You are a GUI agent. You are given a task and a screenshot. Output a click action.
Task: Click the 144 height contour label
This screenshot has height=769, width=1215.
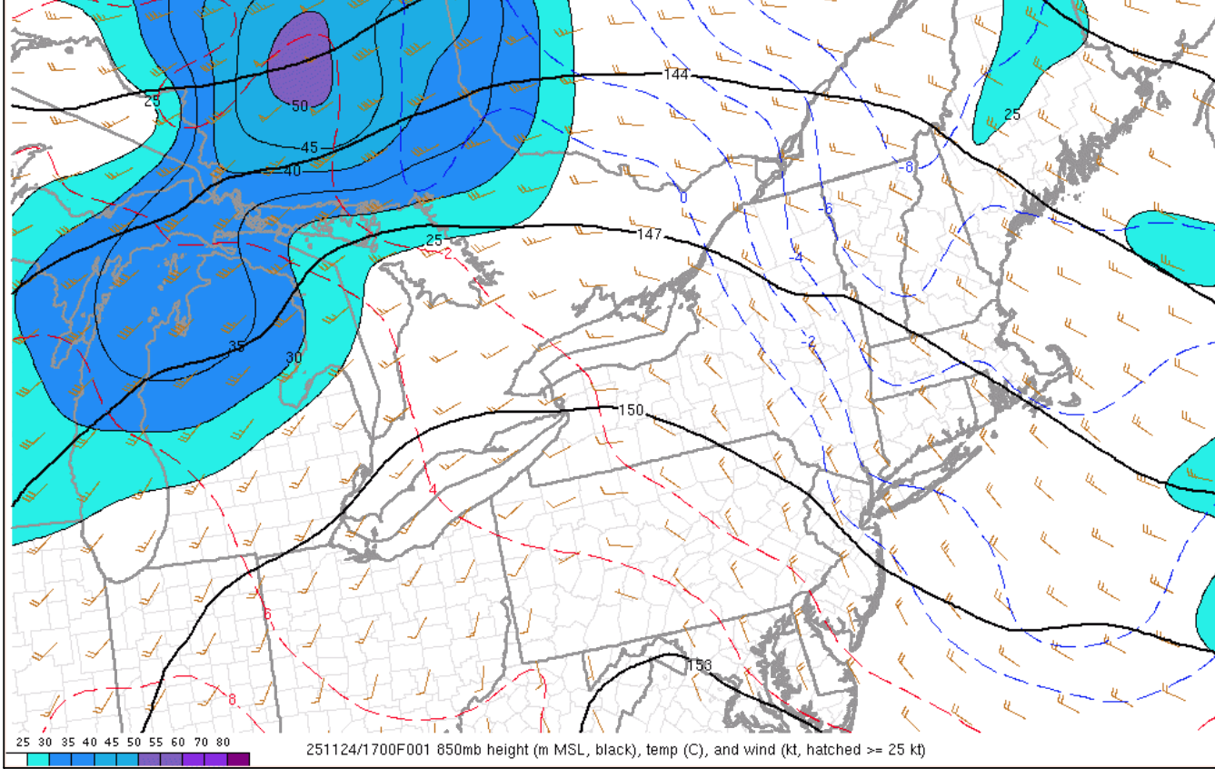[676, 74]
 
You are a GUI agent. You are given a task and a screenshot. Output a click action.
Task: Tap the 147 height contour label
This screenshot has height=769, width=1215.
[649, 235]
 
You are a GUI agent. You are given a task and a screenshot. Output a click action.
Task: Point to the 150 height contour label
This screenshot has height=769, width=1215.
[631, 410]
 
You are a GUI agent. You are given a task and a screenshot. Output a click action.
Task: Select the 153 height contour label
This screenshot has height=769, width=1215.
[700, 664]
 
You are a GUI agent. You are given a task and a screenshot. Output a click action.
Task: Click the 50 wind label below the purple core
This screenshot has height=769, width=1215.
[300, 105]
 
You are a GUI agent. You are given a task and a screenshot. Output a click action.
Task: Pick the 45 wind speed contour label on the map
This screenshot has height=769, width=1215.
[310, 147]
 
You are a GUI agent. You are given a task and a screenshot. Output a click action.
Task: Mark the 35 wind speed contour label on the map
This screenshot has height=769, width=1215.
[236, 346]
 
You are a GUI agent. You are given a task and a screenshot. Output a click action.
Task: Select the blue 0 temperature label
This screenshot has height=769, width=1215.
[683, 197]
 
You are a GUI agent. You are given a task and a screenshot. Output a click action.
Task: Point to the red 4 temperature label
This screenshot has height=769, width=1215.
[433, 489]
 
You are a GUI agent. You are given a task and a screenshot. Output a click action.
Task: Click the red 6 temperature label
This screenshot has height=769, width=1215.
[267, 614]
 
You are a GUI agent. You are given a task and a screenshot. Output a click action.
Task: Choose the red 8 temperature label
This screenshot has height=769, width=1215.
[232, 699]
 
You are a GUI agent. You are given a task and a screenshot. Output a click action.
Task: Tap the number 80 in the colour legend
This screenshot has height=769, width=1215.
[223, 743]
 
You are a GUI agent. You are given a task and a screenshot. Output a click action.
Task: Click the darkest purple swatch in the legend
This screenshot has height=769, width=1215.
[238, 759]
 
